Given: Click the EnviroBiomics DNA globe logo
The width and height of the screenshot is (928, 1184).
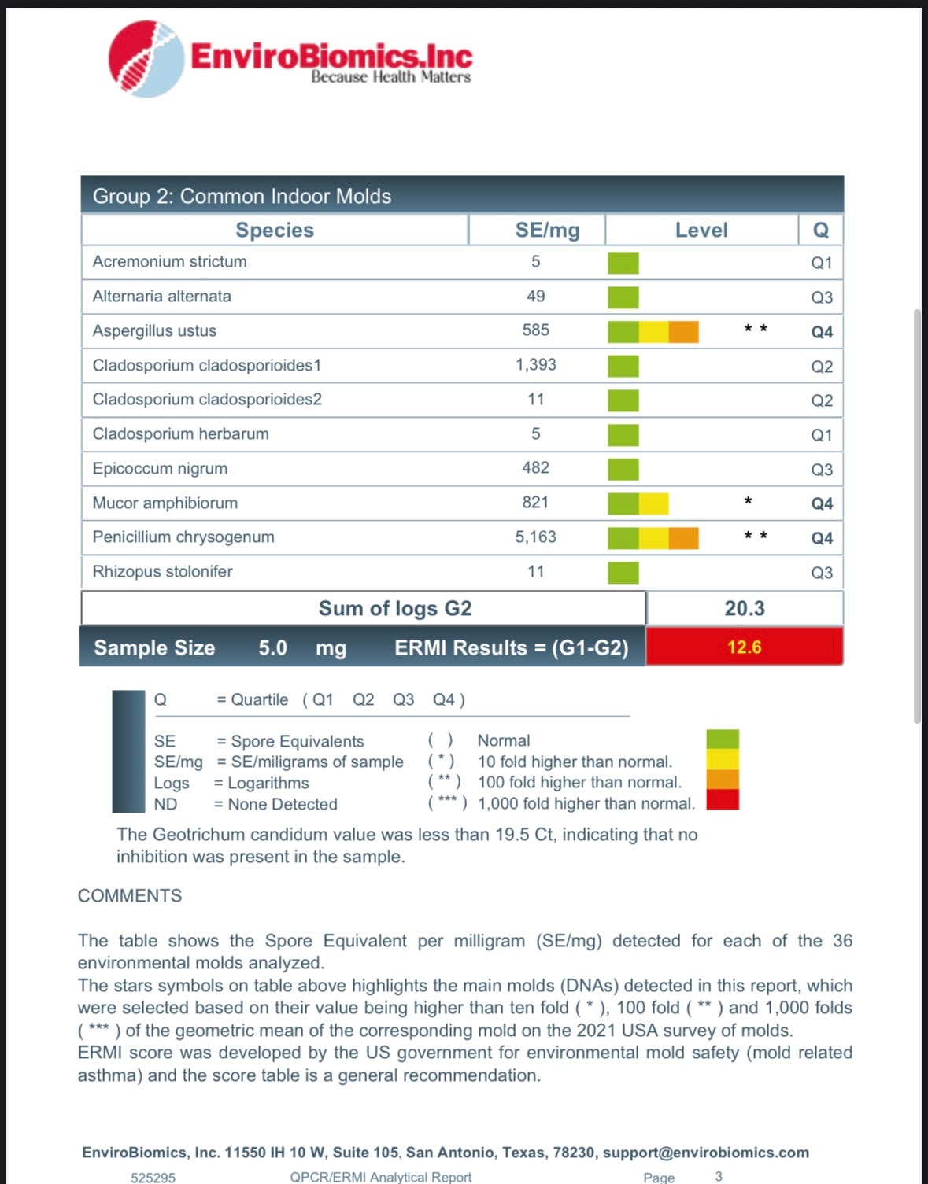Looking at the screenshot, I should pos(147,59).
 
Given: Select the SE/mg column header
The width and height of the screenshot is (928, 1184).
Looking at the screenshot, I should pos(547,230).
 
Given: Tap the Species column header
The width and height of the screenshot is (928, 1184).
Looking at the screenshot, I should pos(275,230).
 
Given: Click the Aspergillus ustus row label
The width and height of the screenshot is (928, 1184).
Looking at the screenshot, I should pos(154,330).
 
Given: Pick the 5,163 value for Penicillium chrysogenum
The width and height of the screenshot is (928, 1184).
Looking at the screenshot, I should pos(535,537).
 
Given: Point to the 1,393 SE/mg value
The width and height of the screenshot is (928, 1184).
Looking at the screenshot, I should pos(535,364).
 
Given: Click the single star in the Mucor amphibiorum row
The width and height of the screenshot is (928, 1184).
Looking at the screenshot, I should pos(748,501).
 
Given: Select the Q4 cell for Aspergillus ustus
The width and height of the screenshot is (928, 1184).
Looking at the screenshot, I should pos(822,332).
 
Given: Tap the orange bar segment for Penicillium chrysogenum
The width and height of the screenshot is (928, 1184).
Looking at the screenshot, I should pos(683,538).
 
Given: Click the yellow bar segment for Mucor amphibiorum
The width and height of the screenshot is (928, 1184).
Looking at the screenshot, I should pos(653,503).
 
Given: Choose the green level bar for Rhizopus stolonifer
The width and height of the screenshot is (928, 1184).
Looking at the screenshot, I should pos(623,572).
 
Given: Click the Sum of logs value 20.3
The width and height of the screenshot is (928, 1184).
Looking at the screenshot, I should pos(744,608).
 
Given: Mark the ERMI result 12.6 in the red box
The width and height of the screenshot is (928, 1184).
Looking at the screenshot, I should pos(744,647).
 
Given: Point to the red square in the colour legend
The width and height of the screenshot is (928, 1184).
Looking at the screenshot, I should pos(723,800).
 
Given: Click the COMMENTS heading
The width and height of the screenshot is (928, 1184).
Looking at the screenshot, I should pos(130,895).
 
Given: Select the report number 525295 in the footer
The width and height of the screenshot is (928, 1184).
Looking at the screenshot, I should pos(153,1177).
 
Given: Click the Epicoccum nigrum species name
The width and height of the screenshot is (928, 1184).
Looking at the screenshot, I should pos(160,468).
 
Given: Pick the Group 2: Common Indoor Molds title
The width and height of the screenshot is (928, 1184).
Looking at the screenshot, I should pos(242,196).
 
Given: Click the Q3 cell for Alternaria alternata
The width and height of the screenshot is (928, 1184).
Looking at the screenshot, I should pos(822,297).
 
